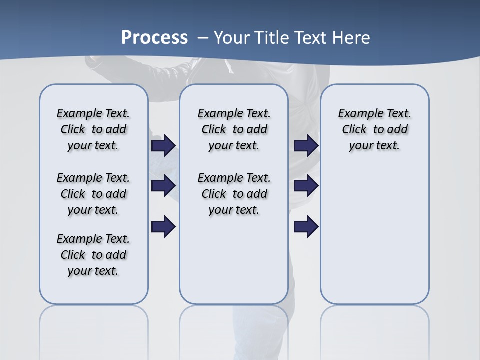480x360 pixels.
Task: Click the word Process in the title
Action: (154, 38)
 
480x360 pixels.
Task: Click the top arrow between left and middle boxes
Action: (163, 145)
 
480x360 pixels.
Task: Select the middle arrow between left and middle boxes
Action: (163, 186)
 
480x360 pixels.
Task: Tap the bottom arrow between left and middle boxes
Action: (163, 227)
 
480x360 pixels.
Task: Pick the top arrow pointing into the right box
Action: (306, 145)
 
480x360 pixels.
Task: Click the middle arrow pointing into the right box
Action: (306, 186)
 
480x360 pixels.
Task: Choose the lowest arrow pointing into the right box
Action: (306, 227)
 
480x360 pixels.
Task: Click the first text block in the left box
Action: (93, 129)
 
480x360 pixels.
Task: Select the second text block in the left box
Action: (93, 194)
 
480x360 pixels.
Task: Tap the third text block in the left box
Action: (93, 255)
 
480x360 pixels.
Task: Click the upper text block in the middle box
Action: (234, 129)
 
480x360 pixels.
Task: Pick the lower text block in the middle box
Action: (234, 194)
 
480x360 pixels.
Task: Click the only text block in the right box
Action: (374, 129)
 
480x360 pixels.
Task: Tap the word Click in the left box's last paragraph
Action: (73, 255)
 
